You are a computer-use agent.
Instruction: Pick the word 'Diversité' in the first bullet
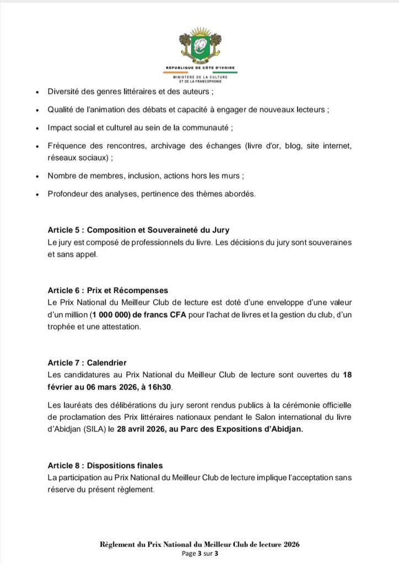pos(67,92)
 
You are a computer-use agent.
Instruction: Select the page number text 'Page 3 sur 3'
pos(199,553)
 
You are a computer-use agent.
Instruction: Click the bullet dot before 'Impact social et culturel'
pos(36,128)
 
